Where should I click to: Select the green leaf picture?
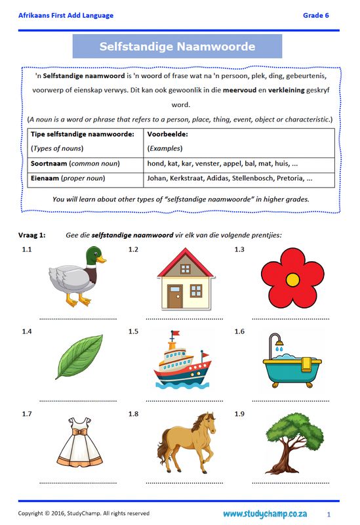pos(79,357)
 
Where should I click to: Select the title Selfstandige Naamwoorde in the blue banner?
pos(177,47)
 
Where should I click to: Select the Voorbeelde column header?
pos(169,134)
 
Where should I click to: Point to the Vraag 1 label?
pos(31,234)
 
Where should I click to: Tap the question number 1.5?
pos(134,331)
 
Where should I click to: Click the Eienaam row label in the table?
pos(45,178)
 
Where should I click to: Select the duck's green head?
pos(95,255)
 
